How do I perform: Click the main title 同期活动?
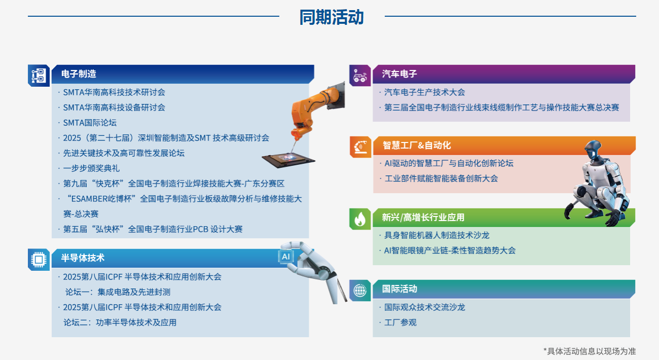(332, 17)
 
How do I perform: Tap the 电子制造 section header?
(79, 74)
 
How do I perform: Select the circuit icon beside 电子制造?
(39, 76)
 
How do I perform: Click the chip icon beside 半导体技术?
(39, 260)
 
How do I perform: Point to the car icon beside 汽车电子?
(360, 76)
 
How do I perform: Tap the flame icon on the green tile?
(360, 219)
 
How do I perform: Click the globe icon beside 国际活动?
(360, 291)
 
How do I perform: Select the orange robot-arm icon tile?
(361, 147)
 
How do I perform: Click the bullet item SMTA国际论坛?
(90, 123)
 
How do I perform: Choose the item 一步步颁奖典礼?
(91, 168)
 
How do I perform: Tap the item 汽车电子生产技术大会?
(424, 92)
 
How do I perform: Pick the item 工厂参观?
(400, 322)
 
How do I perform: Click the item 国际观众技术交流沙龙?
(424, 307)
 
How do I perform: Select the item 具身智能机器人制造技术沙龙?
(436, 235)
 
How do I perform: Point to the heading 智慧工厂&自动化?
(417, 145)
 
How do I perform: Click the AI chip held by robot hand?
(285, 257)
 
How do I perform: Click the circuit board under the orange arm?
(288, 160)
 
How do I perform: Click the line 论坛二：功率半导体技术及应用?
(120, 322)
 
